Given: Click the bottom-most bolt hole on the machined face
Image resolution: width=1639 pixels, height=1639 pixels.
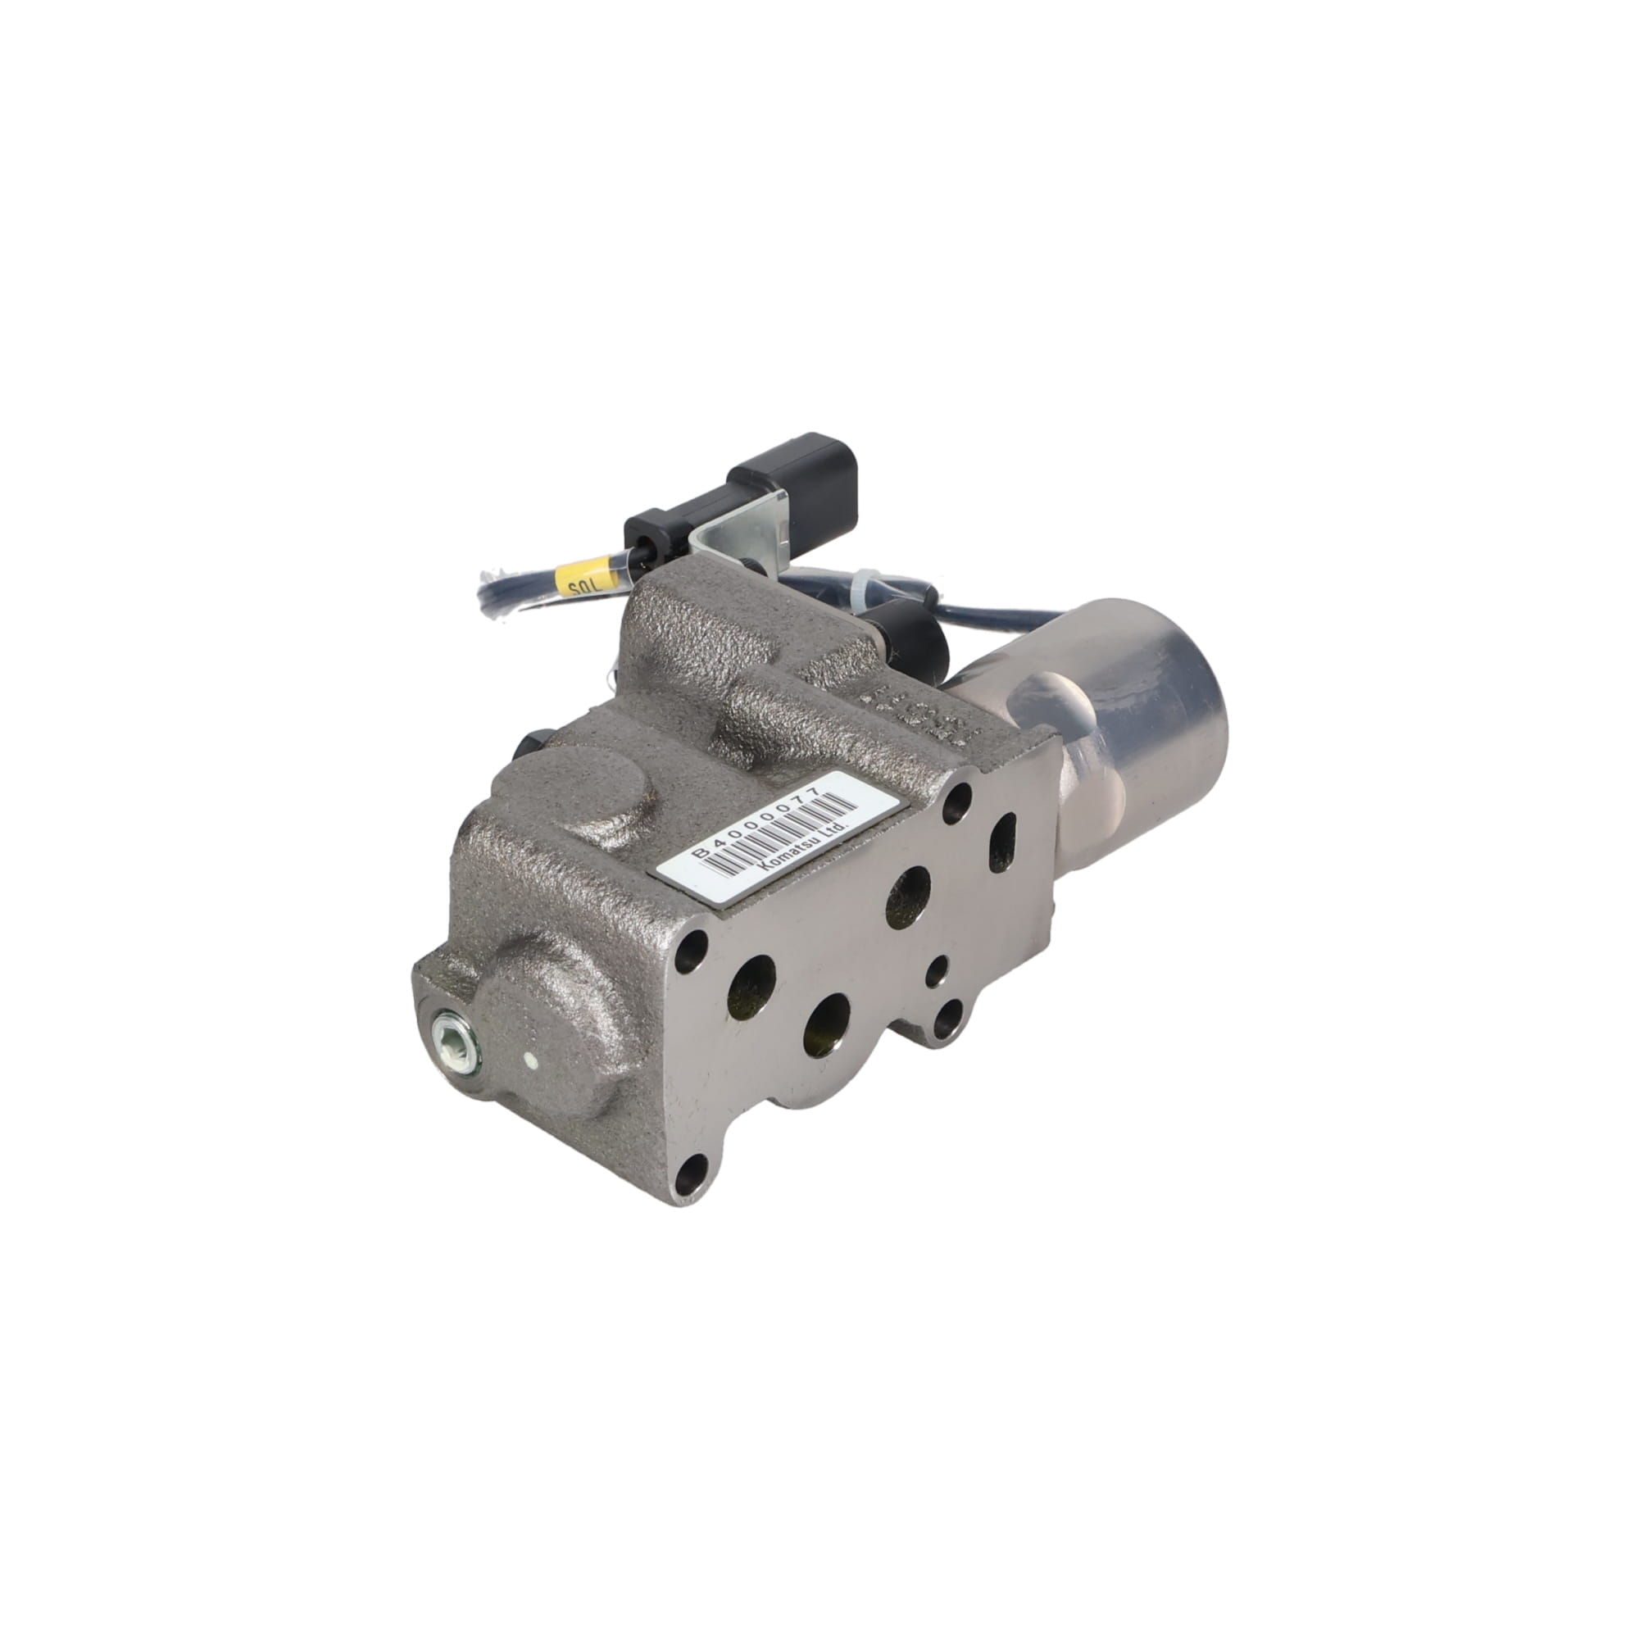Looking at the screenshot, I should tap(691, 1172).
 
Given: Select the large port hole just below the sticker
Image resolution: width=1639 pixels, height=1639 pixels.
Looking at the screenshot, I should tap(909, 897).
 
